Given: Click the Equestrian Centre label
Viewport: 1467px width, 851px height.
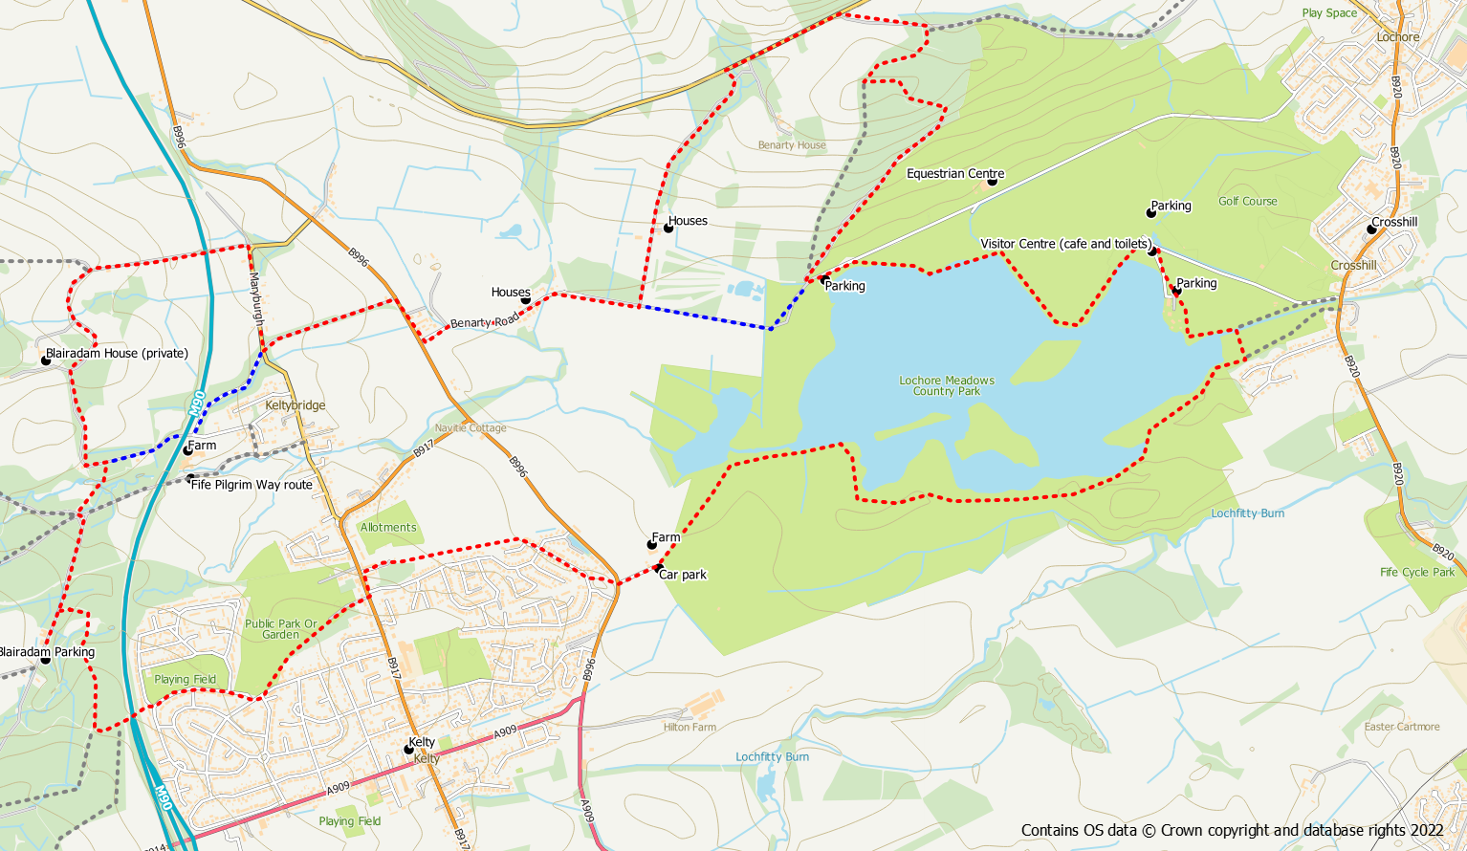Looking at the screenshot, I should (954, 174).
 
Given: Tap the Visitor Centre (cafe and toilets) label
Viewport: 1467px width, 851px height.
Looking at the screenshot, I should (1065, 244).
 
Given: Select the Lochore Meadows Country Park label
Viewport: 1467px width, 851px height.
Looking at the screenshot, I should (947, 385).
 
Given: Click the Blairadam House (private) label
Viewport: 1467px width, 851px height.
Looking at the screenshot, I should (117, 353).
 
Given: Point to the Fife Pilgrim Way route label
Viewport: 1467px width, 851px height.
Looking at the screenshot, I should (252, 485).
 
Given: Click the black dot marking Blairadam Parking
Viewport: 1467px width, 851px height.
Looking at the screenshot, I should (45, 660).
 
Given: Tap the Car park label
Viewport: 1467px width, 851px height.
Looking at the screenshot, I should (683, 575).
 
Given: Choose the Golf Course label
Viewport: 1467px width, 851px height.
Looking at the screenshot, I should (1247, 202).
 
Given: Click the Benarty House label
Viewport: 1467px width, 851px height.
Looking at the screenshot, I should (792, 145).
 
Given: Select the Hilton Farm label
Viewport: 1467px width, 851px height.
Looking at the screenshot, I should (690, 728).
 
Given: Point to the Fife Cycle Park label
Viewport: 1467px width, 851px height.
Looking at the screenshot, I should (1416, 573).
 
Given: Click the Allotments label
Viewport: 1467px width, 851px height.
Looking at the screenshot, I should (388, 528).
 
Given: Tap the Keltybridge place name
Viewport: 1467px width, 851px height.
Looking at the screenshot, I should (296, 405).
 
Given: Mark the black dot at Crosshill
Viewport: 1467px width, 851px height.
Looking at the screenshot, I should (1371, 229).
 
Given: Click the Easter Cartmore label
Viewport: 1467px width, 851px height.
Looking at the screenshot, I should (1401, 727).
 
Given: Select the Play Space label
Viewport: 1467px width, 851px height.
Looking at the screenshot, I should (1329, 13).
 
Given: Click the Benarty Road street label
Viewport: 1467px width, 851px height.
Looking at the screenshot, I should (484, 323).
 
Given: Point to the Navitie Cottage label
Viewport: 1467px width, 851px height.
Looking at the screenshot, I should (471, 428).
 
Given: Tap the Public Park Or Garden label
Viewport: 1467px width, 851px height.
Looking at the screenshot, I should (280, 629).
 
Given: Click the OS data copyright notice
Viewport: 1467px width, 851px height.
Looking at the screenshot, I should (1232, 830).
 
